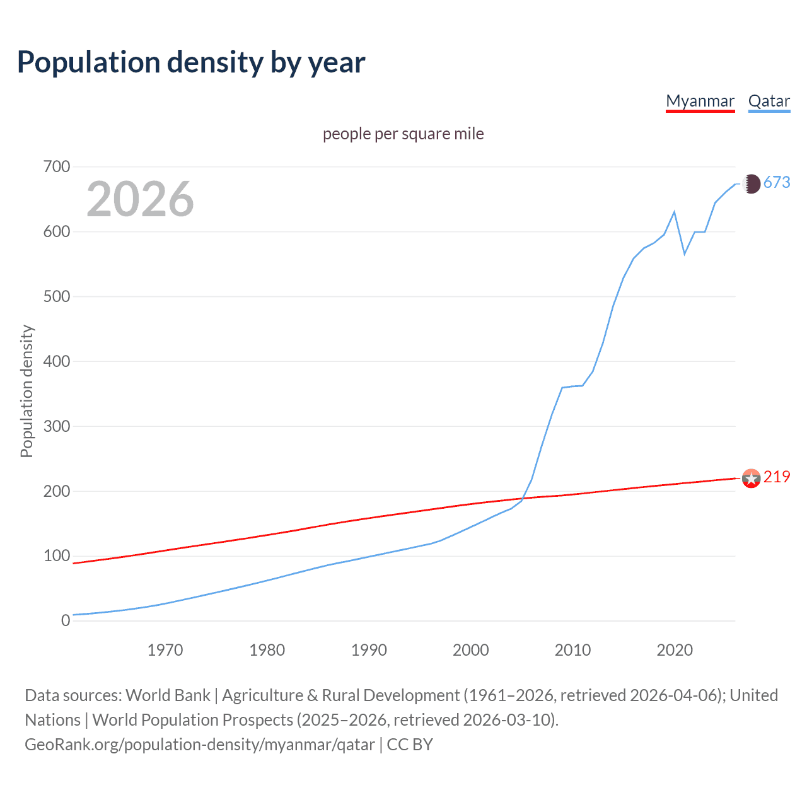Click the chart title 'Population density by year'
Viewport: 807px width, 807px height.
click(x=191, y=62)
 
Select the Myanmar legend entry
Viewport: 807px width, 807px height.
click(x=700, y=102)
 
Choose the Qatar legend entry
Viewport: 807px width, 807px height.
click(x=769, y=102)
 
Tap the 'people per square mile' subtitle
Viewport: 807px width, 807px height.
click(x=403, y=134)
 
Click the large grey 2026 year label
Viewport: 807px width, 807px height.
click(x=140, y=199)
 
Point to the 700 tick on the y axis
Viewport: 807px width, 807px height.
click(x=57, y=167)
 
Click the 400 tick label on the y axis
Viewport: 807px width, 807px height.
click(x=57, y=362)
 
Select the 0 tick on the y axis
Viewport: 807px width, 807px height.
click(x=66, y=621)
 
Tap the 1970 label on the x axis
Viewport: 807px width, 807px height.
click(x=165, y=650)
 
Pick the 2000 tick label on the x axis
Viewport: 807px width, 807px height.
click(x=471, y=650)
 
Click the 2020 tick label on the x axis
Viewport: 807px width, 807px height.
click(x=675, y=650)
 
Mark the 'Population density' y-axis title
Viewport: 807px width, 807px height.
click(x=26, y=391)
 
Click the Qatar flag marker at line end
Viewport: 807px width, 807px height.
click(x=751, y=184)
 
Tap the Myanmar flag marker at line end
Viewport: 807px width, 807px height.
click(x=751, y=479)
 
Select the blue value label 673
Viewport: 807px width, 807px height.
click(x=777, y=183)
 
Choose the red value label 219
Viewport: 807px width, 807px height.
click(x=777, y=477)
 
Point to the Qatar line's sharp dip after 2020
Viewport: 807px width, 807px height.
click(x=685, y=253)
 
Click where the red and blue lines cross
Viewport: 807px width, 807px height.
click(x=523, y=499)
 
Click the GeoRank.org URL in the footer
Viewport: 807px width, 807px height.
click(x=200, y=745)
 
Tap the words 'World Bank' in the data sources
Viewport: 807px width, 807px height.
click(x=168, y=695)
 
